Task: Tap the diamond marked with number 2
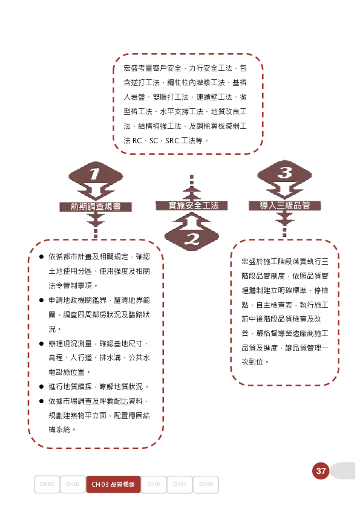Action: [192, 236]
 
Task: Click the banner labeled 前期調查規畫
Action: [96, 207]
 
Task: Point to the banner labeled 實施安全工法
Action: [192, 206]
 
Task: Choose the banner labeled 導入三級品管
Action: [284, 206]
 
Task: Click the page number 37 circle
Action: [321, 471]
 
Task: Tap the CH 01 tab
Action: [47, 484]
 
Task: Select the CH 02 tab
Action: [73, 484]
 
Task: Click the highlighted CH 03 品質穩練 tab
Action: [113, 484]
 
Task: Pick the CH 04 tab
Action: [154, 484]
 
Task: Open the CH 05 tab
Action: [180, 484]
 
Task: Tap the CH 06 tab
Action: [206, 484]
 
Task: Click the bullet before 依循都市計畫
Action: [41, 257]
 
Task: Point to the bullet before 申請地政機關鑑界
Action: [41, 300]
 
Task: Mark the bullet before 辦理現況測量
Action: [41, 343]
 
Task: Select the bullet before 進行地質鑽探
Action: [41, 387]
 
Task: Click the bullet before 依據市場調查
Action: [41, 401]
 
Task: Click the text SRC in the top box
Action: [172, 141]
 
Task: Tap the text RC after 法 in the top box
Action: [137, 141]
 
